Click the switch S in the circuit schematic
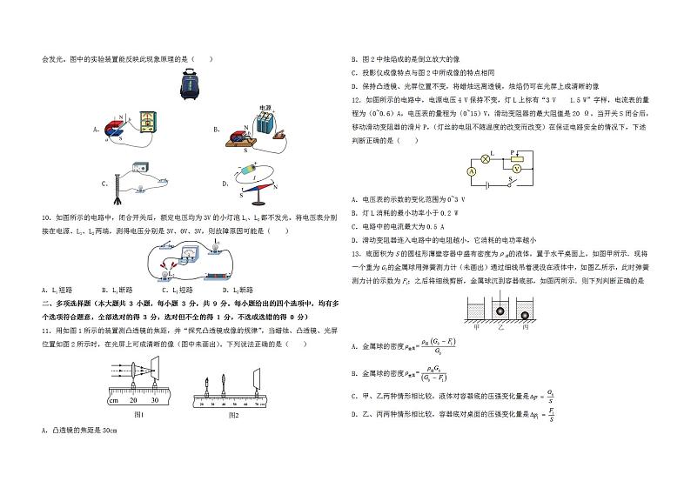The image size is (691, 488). coord(515,184)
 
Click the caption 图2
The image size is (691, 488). coord(233,415)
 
